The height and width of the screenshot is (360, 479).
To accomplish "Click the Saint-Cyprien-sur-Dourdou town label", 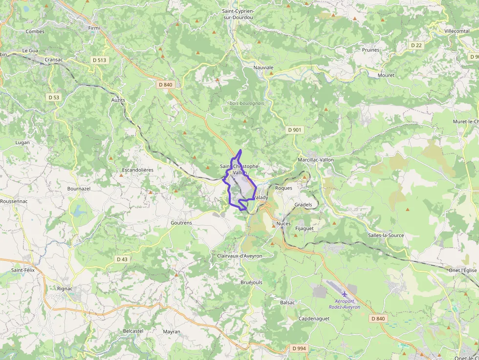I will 238,14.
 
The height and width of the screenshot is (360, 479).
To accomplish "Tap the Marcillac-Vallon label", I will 316,160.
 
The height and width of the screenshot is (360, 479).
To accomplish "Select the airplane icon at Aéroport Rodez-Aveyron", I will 345,294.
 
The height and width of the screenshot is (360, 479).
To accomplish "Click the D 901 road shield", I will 295,130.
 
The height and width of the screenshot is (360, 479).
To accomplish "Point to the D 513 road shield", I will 100,60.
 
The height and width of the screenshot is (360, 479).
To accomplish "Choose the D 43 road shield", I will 122,259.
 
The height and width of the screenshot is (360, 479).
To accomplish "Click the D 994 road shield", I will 299,348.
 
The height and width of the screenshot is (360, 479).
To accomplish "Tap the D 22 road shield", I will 416,45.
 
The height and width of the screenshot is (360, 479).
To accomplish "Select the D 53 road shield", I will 54,97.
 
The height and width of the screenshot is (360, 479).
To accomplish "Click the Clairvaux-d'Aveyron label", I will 239,256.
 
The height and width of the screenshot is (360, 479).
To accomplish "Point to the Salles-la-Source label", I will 386,235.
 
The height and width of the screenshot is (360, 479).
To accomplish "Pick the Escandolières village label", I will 137,170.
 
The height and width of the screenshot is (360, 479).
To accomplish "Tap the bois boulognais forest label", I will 247,103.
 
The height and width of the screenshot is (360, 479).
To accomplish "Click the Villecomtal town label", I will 457,31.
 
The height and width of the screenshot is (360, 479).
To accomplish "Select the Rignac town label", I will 65,289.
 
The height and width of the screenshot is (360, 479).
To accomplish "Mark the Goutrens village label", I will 181,222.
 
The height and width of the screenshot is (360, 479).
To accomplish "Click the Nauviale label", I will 263,67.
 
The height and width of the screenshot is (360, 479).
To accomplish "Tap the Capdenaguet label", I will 314,318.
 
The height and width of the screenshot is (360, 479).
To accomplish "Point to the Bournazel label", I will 79,188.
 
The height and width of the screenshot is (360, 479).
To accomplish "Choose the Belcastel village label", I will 133,331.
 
